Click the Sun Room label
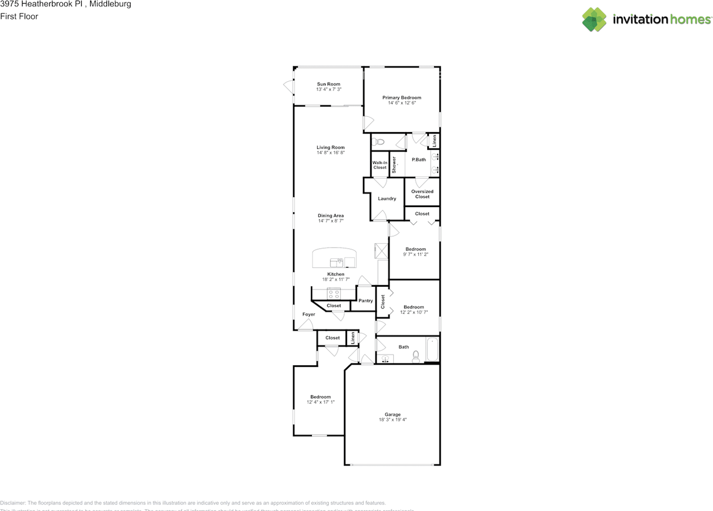coord(328,84)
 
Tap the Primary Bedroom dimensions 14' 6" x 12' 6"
coord(402,103)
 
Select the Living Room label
coord(330,148)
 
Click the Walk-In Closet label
coord(379,165)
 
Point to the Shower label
coord(394,164)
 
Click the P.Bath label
coord(419,160)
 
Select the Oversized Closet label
coord(422,194)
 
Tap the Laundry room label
coord(387,199)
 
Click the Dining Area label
coord(330,215)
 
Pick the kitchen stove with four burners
coord(334,294)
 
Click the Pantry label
coord(365,301)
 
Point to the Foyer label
coord(309,315)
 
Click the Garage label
coord(392,415)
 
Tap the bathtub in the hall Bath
coord(432,350)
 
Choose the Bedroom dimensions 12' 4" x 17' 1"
coord(320,402)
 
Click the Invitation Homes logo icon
coord(594,19)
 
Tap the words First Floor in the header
coord(19,16)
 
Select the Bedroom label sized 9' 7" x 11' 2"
coord(415,249)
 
